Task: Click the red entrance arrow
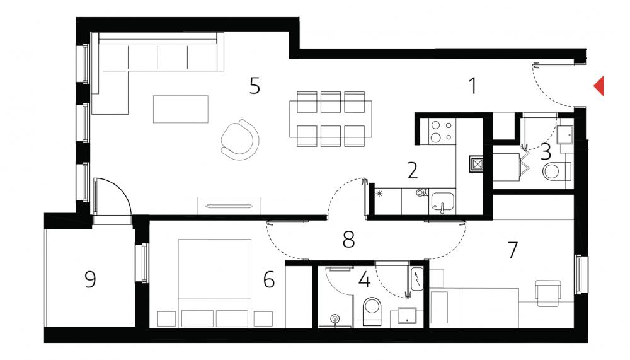click(x=600, y=86)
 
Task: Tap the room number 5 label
click(x=255, y=86)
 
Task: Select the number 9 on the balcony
click(x=90, y=279)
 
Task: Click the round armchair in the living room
click(x=240, y=139)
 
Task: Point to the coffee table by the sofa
click(x=181, y=109)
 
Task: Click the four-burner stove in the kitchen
click(x=442, y=131)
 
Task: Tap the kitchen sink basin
click(x=443, y=202)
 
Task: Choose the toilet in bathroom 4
click(x=372, y=311)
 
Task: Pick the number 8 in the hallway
click(x=349, y=240)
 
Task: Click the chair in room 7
click(x=548, y=291)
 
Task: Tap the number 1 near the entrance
click(x=473, y=86)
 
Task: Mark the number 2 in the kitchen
click(x=413, y=171)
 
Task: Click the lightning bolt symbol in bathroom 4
click(x=418, y=278)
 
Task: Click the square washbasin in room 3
click(x=565, y=135)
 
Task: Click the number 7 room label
click(x=513, y=250)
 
